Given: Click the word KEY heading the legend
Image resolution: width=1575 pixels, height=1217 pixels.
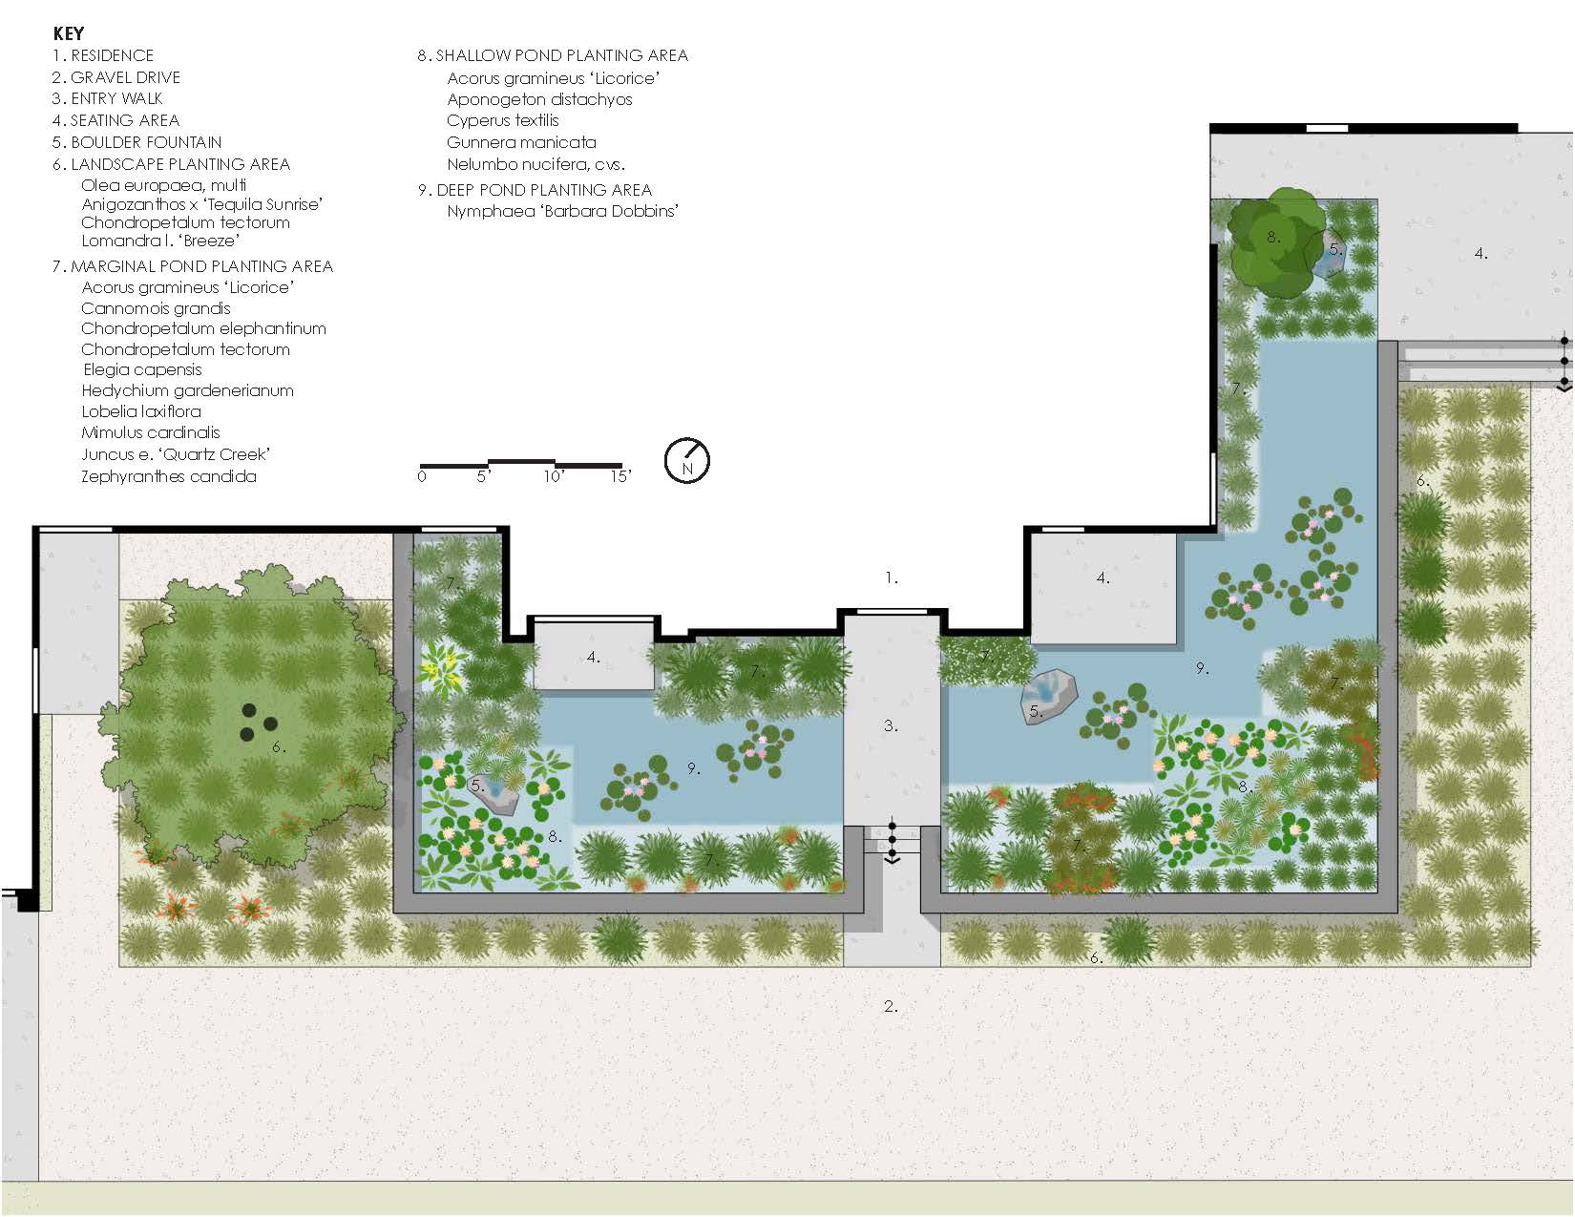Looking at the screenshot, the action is pyautogui.click(x=69, y=33).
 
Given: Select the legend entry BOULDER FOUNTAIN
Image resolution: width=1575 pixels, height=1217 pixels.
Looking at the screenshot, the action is pyautogui.click(x=137, y=142).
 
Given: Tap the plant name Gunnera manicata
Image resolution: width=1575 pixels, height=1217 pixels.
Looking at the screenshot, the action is pyautogui.click(x=521, y=142).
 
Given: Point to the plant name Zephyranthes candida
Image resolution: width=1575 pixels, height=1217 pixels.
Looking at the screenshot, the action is pyautogui.click(x=169, y=476).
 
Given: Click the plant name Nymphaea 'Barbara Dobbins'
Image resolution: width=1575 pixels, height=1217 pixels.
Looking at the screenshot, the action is pyautogui.click(x=562, y=211).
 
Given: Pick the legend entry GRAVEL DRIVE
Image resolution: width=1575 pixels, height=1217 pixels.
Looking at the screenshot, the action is pyautogui.click(x=115, y=76).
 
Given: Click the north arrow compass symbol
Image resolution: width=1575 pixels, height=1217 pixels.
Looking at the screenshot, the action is pyautogui.click(x=687, y=460).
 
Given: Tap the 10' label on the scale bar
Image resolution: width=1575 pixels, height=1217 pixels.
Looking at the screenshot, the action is pyautogui.click(x=554, y=476).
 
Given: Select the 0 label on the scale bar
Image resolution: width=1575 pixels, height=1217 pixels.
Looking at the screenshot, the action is pyautogui.click(x=422, y=476).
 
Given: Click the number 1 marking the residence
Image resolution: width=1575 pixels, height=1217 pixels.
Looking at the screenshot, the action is pyautogui.click(x=891, y=577).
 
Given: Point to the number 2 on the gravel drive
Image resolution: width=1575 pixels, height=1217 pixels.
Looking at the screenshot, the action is pyautogui.click(x=891, y=1006).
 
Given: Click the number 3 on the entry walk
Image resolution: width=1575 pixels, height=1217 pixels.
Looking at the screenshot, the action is pyautogui.click(x=891, y=725).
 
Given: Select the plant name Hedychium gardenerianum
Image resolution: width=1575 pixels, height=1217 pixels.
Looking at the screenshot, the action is pyautogui.click(x=188, y=390).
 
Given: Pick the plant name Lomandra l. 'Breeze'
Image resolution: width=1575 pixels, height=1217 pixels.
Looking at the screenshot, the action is pyautogui.click(x=160, y=241).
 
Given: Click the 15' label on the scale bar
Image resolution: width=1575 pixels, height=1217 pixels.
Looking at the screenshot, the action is pyautogui.click(x=620, y=476).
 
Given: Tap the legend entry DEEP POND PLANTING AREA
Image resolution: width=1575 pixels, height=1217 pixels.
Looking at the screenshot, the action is pyautogui.click(x=535, y=190).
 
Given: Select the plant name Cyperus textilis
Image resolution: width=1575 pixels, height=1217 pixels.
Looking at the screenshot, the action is pyautogui.click(x=502, y=120).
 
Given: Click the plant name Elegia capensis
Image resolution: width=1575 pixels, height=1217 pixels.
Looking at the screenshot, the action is pyautogui.click(x=142, y=369).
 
